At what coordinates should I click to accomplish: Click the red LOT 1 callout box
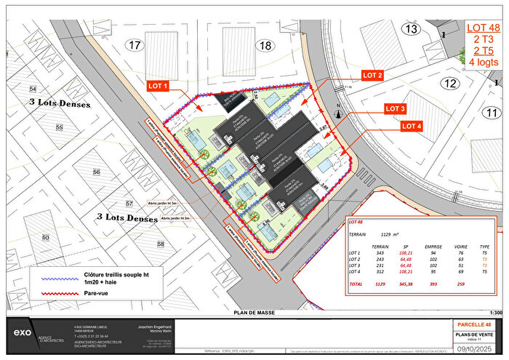[159, 86]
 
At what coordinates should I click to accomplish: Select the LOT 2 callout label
[373, 76]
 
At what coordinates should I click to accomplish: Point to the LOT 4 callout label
[412, 127]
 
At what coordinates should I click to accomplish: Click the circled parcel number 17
[134, 46]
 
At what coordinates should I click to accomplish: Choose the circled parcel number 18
[265, 46]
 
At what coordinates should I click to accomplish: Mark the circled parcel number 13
[412, 29]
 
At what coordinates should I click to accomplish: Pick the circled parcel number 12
[450, 84]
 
